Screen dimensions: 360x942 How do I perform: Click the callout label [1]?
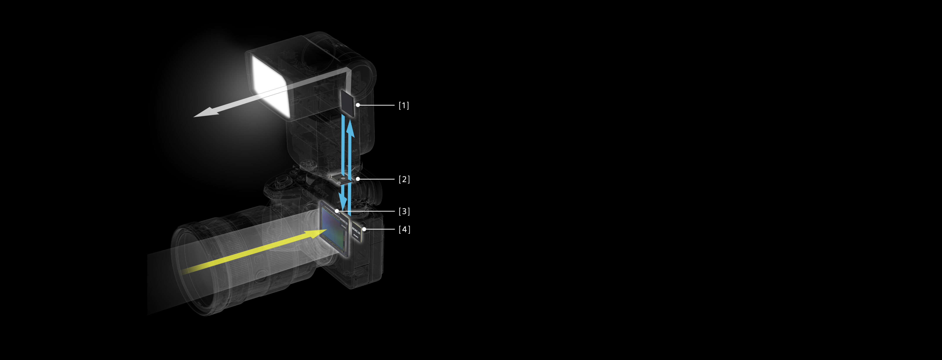pyautogui.click(x=404, y=105)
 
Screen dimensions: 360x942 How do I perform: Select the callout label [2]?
pyautogui.click(x=404, y=179)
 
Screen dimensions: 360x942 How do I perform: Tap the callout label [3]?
pyautogui.click(x=404, y=211)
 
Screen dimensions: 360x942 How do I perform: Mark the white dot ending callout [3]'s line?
pyautogui.click(x=337, y=211)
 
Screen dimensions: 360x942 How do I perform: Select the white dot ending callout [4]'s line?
pyautogui.click(x=364, y=229)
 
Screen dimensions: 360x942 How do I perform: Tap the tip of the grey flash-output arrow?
pyautogui.click(x=196, y=116)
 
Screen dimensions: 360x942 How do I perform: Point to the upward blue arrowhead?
pyautogui.click(x=350, y=126)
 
